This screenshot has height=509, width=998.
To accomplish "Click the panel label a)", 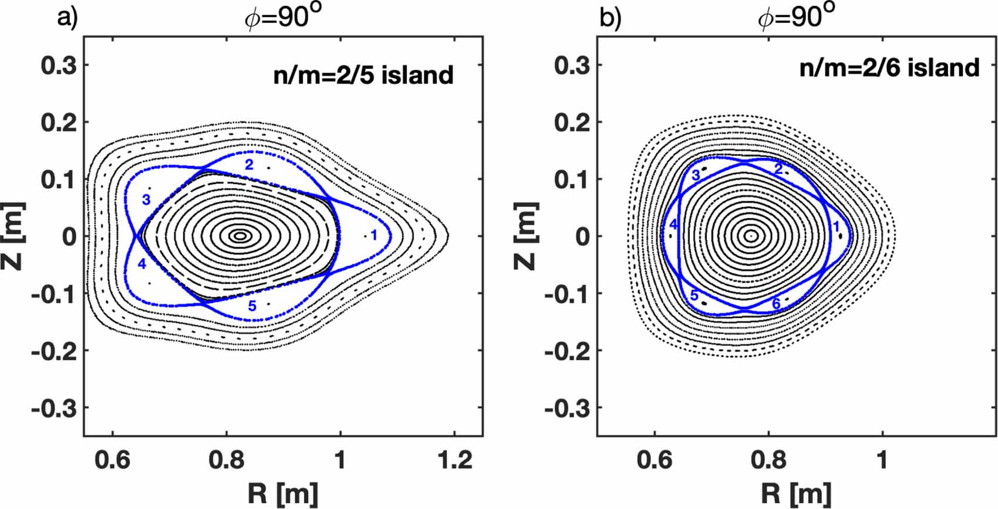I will click(x=67, y=18).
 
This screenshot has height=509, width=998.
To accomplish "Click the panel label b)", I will click(x=610, y=18).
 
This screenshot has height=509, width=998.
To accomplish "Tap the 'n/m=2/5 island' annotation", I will click(x=363, y=75).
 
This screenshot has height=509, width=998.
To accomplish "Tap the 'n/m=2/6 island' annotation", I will click(x=889, y=68).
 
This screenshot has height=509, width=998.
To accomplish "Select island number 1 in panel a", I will click(x=373, y=236).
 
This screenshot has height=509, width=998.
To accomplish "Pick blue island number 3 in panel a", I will click(x=146, y=200).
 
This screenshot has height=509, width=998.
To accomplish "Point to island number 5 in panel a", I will click(x=252, y=306).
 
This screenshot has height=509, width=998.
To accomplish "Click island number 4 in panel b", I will click(x=673, y=225).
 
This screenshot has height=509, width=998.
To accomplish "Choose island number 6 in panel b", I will click(x=776, y=304).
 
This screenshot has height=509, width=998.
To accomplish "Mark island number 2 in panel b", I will click(x=778, y=170).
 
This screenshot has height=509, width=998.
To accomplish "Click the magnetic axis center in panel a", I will click(x=240, y=236).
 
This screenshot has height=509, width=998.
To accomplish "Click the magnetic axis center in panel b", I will click(x=751, y=236).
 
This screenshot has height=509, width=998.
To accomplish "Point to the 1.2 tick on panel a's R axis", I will click(x=454, y=460).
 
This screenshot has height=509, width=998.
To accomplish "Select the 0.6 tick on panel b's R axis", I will click(x=654, y=460).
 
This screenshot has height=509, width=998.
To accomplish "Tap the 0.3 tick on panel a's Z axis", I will click(x=59, y=65).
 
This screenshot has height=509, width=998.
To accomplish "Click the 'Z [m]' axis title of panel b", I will click(x=525, y=236).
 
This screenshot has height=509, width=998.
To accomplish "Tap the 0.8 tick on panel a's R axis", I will click(x=226, y=460).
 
